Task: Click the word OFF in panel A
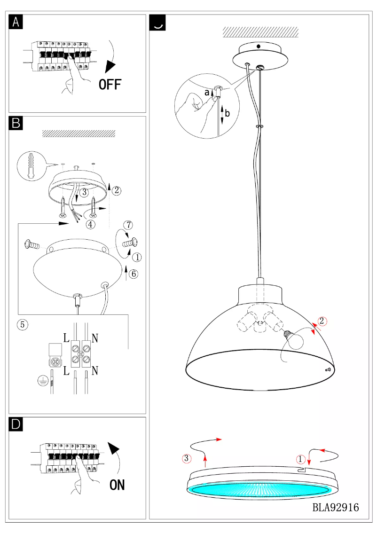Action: tap(110, 84)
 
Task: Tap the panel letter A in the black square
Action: tap(16, 22)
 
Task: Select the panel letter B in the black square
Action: tap(16, 123)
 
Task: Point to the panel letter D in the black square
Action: tap(16, 424)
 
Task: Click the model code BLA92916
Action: tap(336, 508)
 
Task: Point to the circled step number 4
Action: tap(91, 225)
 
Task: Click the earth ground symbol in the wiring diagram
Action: tap(42, 381)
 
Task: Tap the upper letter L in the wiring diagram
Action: tap(65, 337)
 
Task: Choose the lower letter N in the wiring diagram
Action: tap(95, 371)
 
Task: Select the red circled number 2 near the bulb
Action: tap(322, 321)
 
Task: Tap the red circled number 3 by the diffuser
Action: tap(186, 458)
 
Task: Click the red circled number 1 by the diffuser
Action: tap(300, 458)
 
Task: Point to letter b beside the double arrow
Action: tap(228, 113)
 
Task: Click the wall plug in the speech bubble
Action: tap(31, 164)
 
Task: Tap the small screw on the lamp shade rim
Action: tap(327, 370)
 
